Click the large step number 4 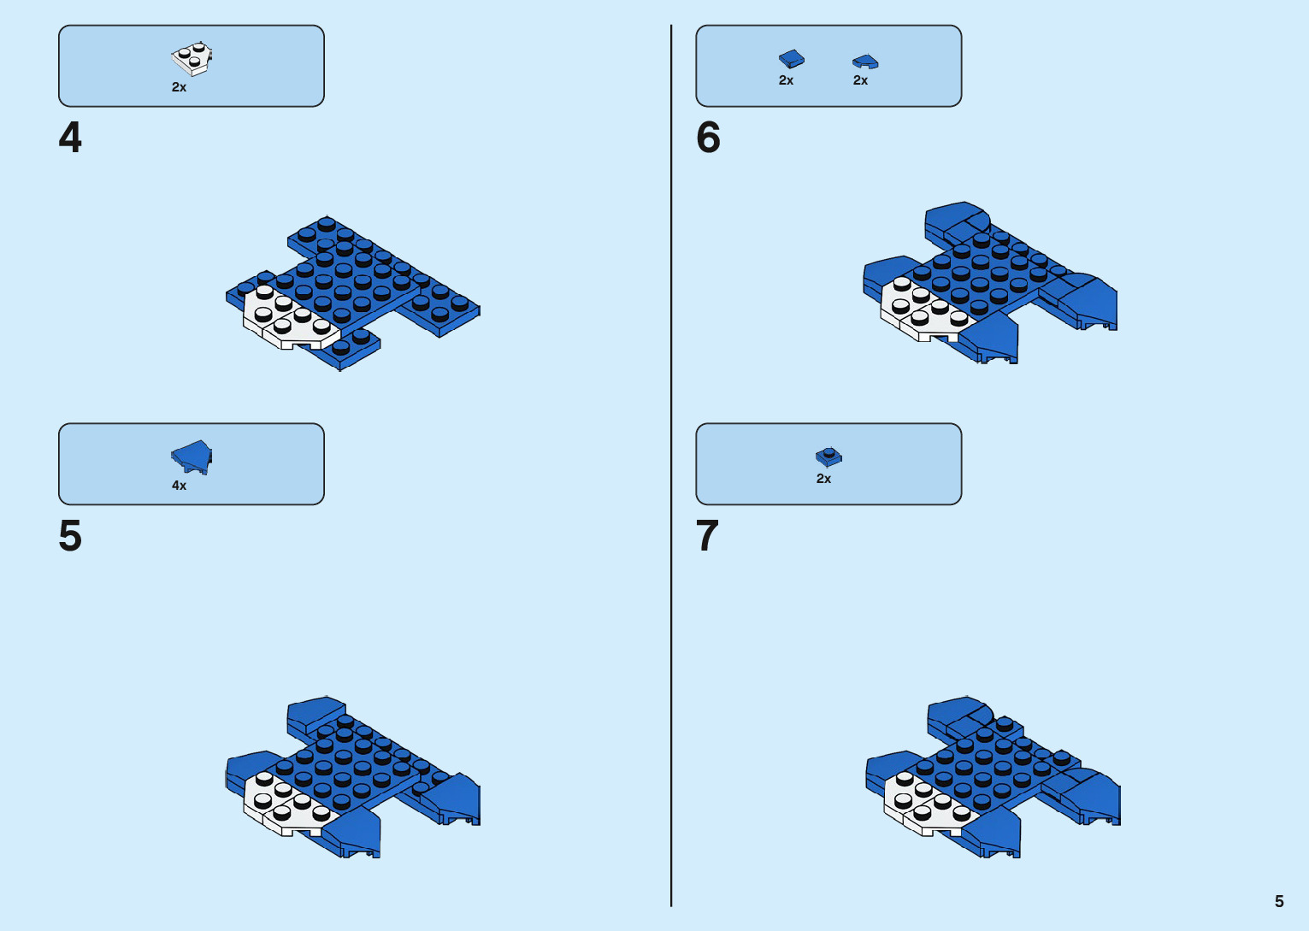70,138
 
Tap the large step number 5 70,536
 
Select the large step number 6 708,138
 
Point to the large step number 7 707,536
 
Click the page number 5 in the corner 1279,901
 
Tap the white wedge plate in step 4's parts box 192,59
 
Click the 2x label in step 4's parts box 179,87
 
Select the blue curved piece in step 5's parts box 192,457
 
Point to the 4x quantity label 179,486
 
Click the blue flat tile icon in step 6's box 791,58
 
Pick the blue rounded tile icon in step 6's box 865,62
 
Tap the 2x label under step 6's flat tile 786,80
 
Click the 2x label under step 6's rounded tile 860,80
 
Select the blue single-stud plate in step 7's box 828,457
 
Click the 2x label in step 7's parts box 823,479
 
